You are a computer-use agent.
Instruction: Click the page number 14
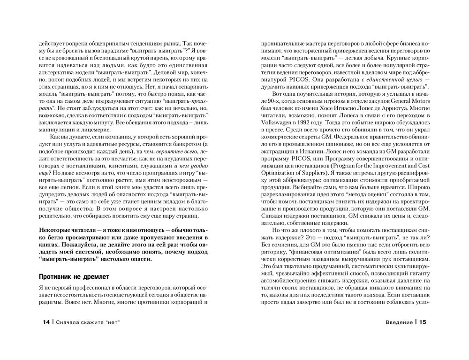click(45, 322)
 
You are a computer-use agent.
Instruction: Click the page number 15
click(423, 322)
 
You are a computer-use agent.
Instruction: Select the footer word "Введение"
click(399, 322)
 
